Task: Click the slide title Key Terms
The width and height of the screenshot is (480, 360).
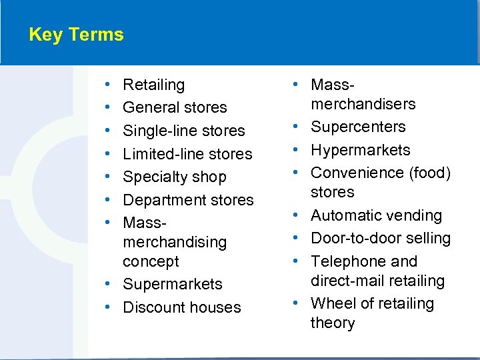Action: point(76,35)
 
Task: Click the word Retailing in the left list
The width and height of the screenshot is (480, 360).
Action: point(153,85)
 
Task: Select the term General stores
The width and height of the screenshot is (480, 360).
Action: point(175,107)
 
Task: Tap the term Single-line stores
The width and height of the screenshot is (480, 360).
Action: point(184,131)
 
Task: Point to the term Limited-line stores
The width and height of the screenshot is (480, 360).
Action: point(187,154)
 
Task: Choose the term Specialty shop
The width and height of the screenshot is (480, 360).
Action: point(174,177)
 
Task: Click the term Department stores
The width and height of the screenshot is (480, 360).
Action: point(188,200)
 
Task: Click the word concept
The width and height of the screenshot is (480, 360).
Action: point(151,261)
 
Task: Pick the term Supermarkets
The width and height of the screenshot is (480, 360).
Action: point(173,284)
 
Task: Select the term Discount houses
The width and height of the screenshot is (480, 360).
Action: point(181,307)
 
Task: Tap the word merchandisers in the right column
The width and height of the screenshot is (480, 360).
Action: point(363,104)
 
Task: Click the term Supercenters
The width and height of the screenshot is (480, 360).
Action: point(358,127)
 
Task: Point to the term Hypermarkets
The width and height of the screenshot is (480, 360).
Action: point(360,150)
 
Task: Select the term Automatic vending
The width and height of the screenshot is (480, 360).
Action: point(376,215)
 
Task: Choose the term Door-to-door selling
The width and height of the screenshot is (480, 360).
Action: point(380,238)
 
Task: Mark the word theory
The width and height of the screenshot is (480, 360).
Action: point(333,323)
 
